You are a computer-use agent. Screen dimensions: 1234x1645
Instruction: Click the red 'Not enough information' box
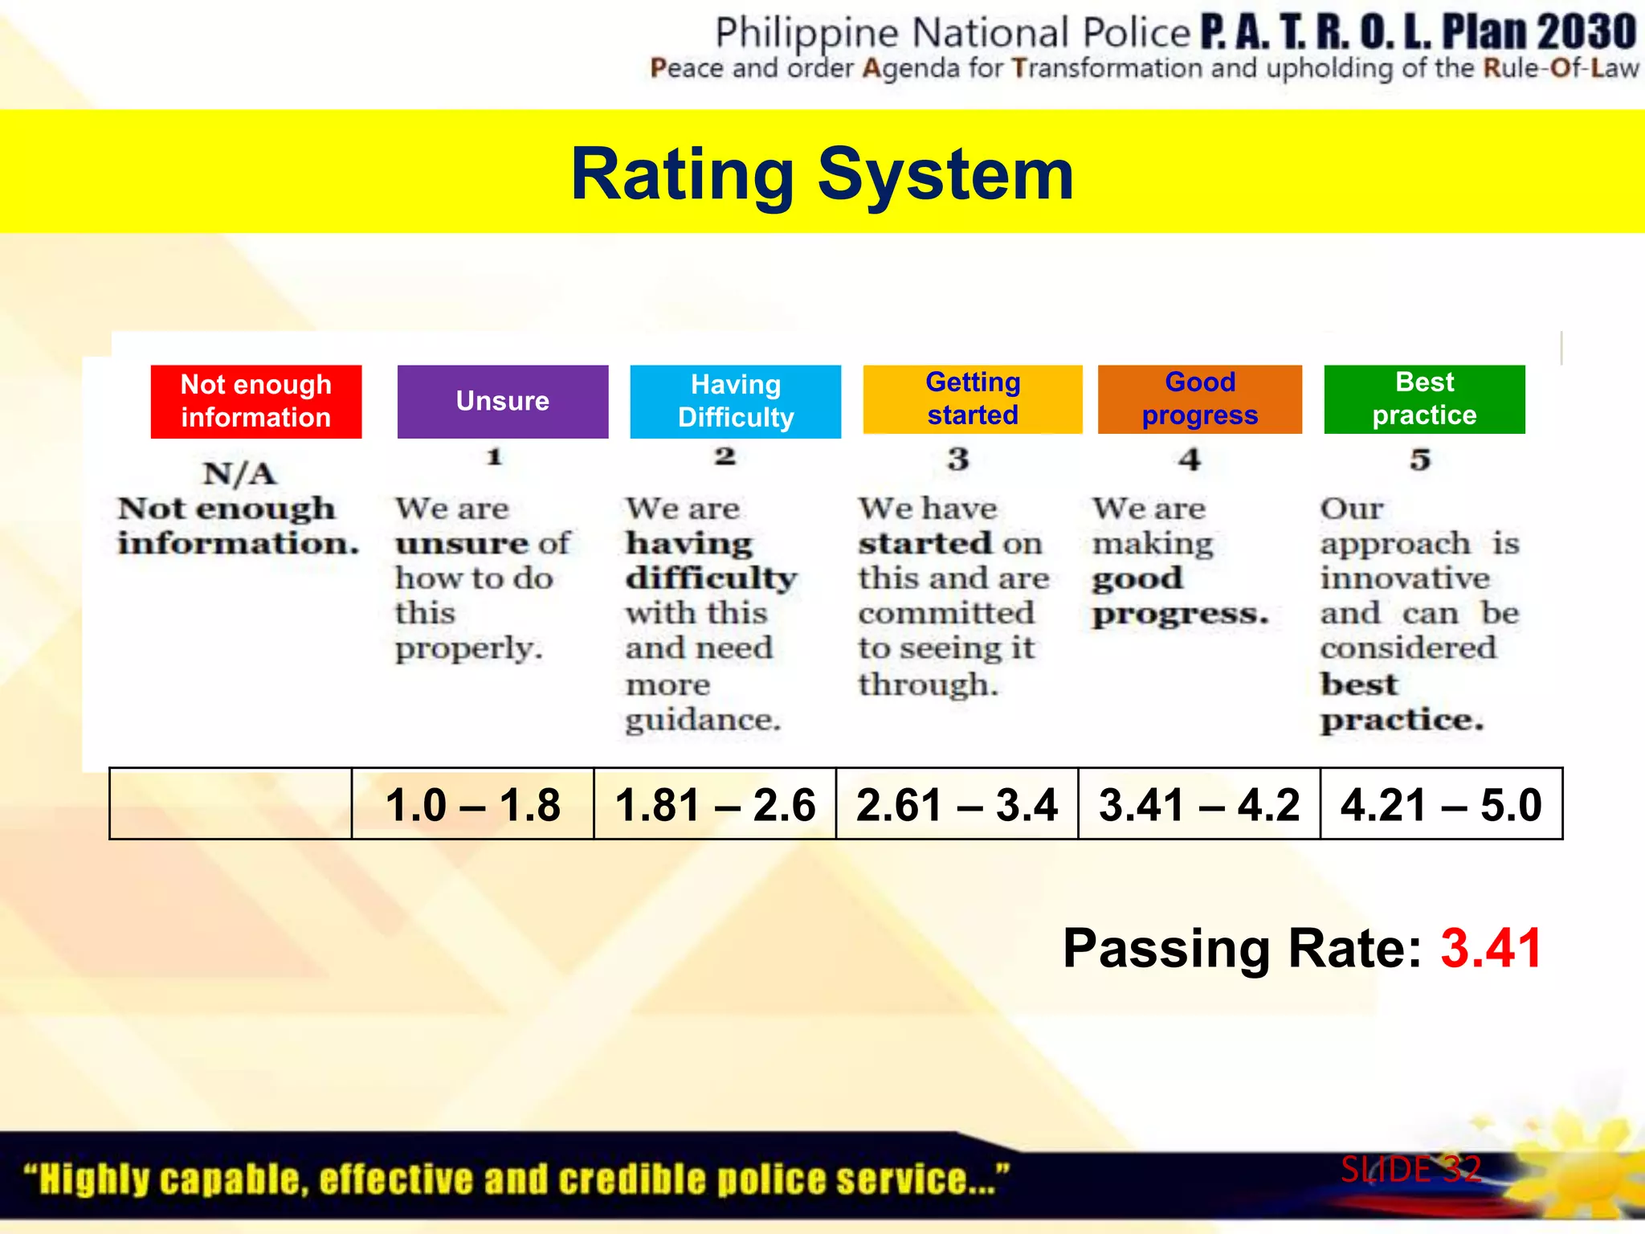pos(256,402)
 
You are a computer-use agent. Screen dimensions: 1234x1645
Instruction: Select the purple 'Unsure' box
pos(503,402)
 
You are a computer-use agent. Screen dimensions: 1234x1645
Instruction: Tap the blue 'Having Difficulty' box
pos(736,402)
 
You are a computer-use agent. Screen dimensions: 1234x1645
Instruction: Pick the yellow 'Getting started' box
pos(973,399)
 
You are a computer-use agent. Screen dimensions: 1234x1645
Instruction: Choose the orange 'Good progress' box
pos(1200,399)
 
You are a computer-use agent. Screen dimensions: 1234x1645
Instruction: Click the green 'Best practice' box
pos(1424,399)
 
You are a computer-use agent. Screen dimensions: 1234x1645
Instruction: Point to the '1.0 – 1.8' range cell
pos(473,804)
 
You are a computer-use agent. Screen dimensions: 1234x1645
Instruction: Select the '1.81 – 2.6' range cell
pos(715,804)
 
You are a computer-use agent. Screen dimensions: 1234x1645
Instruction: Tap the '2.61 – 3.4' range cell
pos(957,804)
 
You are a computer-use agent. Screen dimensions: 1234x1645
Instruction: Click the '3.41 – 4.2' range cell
pos(1199,804)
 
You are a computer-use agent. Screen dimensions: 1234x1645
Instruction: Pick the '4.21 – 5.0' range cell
pos(1441,804)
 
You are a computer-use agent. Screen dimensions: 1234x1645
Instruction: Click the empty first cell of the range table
pos(231,804)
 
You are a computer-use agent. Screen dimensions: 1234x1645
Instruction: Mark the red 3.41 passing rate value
pos(1491,949)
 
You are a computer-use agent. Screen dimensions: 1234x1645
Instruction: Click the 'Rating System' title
pos(822,174)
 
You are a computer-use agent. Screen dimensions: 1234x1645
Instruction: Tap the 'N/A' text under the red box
pos(239,474)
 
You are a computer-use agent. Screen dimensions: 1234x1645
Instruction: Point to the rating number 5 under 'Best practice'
pos(1420,460)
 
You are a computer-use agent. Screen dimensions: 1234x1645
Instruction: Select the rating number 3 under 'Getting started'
pos(957,460)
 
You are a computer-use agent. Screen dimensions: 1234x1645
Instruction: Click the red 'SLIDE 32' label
pos(1411,1170)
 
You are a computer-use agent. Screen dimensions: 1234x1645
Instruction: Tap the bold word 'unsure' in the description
pos(462,544)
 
